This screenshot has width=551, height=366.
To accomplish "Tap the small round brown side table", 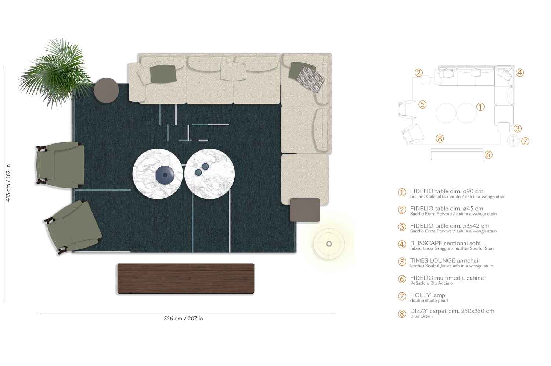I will tap(106, 90).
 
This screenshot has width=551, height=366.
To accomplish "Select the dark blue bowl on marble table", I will tap(164, 175).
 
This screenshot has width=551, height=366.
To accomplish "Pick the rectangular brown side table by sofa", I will tap(305, 210).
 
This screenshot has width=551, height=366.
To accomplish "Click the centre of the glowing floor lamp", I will tap(329, 244).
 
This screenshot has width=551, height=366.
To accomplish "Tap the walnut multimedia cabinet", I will tap(186, 278).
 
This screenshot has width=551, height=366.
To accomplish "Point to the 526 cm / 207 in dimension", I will tap(183, 319).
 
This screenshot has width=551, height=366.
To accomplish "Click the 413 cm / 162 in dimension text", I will tap(8, 183).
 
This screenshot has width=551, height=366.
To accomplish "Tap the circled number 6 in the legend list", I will tap(402, 279).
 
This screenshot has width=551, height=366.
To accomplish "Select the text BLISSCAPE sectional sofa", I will tap(445, 243).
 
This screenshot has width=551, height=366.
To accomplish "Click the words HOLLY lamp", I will tap(428, 295).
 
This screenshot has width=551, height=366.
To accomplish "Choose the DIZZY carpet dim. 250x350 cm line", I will tap(452, 311).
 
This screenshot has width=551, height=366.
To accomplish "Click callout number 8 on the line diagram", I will tap(440, 138).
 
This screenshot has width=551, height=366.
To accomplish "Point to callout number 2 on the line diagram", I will tap(418, 73).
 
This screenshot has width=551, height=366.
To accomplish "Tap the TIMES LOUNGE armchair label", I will tap(445, 260).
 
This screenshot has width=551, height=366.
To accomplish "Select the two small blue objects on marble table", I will tap(202, 170).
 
